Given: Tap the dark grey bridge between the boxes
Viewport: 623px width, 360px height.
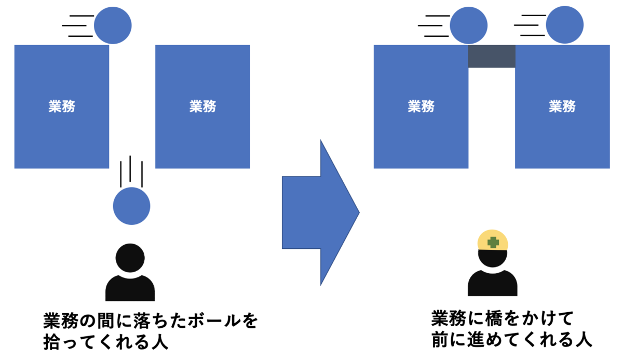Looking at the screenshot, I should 492,56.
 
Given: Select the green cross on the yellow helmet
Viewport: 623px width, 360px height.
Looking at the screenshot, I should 493,243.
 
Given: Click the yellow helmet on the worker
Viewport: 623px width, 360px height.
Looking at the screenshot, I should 493,241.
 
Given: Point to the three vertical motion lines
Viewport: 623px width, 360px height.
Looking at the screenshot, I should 130,170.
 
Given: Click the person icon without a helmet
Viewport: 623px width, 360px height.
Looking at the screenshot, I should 130,273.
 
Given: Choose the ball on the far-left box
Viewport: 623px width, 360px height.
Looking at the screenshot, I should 113,25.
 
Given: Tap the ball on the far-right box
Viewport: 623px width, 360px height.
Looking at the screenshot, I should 565,25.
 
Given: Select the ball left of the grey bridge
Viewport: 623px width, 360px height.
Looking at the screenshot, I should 469,25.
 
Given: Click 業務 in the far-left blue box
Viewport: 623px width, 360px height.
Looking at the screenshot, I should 62,106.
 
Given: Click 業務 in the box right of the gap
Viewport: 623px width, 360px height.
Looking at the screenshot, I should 202,106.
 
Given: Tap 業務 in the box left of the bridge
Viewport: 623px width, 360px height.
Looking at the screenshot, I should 421,106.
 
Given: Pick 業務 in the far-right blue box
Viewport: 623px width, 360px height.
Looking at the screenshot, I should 562,106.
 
